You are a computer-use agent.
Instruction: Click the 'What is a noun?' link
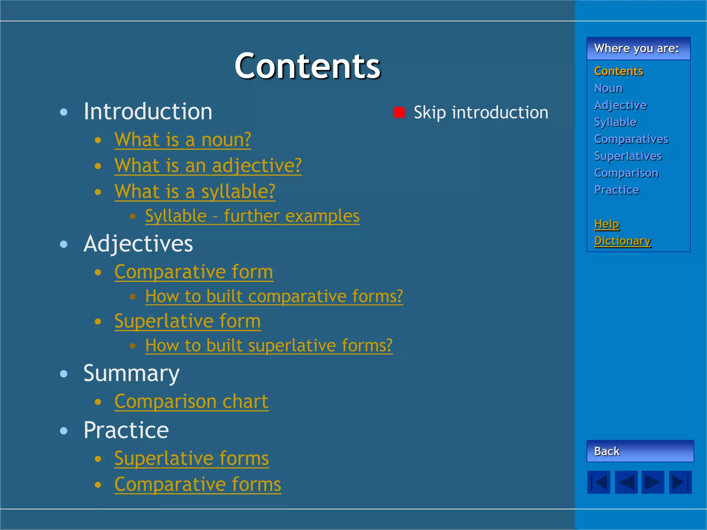tap(183, 140)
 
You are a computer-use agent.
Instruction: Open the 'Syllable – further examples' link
tap(252, 216)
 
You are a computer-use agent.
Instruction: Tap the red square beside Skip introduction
tap(399, 112)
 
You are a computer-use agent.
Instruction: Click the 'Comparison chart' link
tap(191, 401)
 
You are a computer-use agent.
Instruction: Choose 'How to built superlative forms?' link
tap(269, 345)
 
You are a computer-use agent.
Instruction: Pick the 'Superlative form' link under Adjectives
tap(187, 321)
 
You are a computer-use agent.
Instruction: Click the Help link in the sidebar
tap(606, 224)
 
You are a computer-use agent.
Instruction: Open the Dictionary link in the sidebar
tap(622, 241)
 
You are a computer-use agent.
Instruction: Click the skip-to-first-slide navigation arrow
tap(599, 482)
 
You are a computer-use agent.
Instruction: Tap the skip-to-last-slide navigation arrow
tap(680, 482)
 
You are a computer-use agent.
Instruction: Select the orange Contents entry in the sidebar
tap(618, 71)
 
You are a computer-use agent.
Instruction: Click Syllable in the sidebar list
tap(615, 122)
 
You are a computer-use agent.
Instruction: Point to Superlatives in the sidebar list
tap(628, 156)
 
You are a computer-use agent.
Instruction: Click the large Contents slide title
tap(307, 66)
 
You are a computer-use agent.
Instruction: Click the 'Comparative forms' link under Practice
tap(197, 484)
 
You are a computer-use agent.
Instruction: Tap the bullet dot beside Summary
tap(64, 374)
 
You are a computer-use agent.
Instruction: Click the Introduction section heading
tap(148, 111)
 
